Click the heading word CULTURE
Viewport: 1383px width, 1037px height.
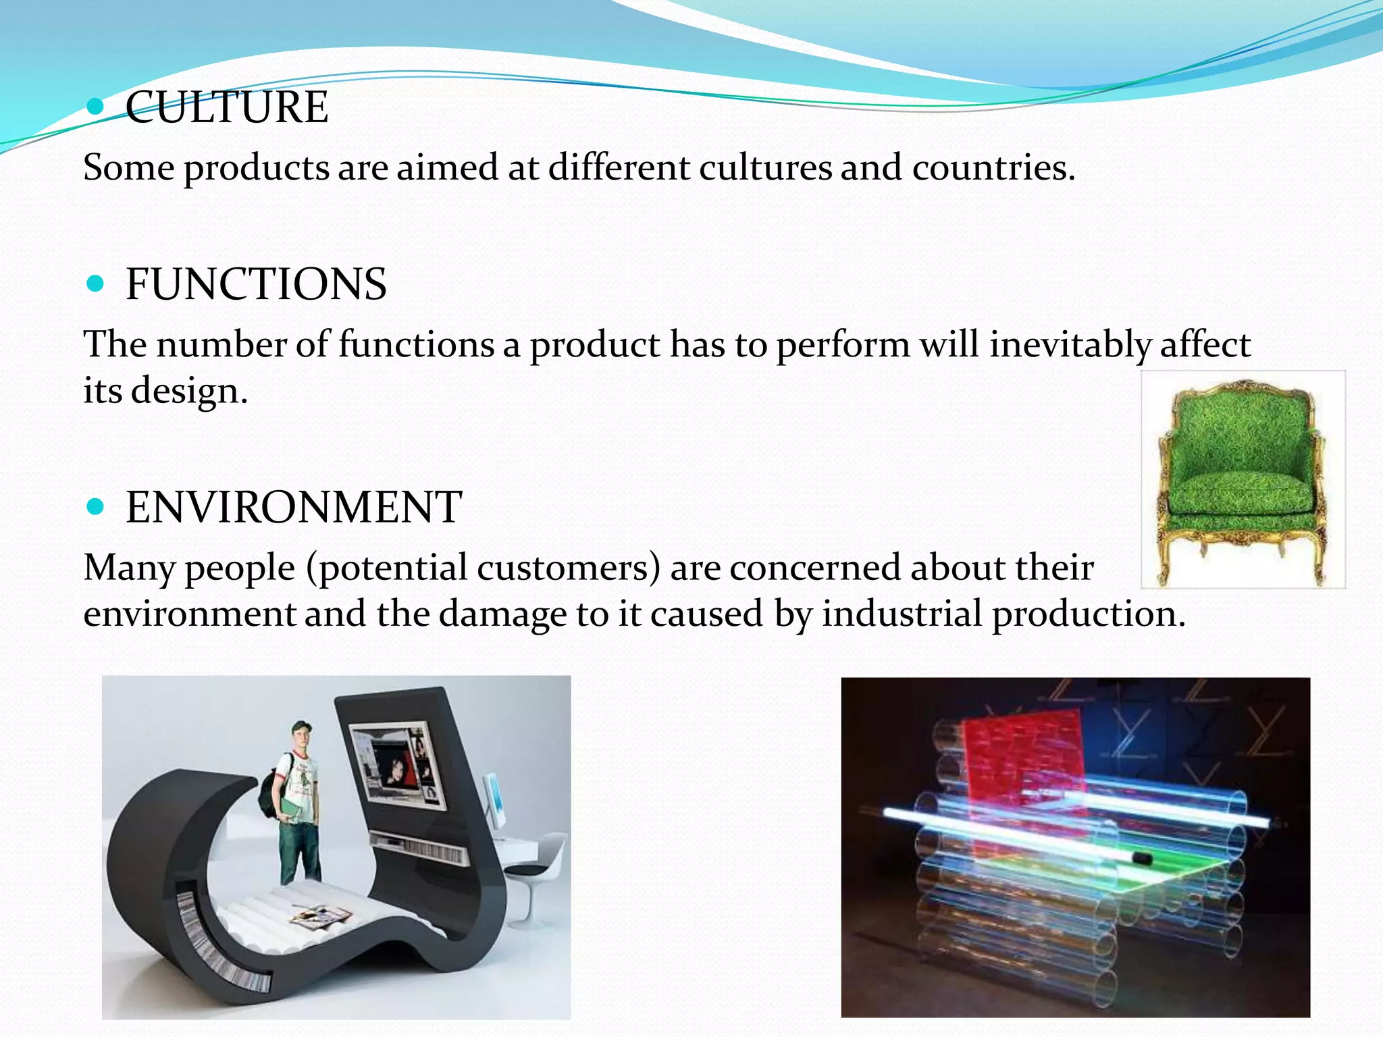pyautogui.click(x=227, y=107)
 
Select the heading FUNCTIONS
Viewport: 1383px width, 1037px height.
pyautogui.click(x=256, y=284)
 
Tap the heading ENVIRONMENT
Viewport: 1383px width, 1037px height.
pyautogui.click(x=294, y=507)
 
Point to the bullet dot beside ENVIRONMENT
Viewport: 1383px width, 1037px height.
pyautogui.click(x=96, y=506)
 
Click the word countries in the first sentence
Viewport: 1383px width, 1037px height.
pyautogui.click(x=992, y=167)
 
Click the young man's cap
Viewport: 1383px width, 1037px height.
pyautogui.click(x=301, y=727)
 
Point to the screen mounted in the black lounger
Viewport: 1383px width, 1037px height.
pyautogui.click(x=398, y=766)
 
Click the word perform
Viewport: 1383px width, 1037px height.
pyautogui.click(x=843, y=345)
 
